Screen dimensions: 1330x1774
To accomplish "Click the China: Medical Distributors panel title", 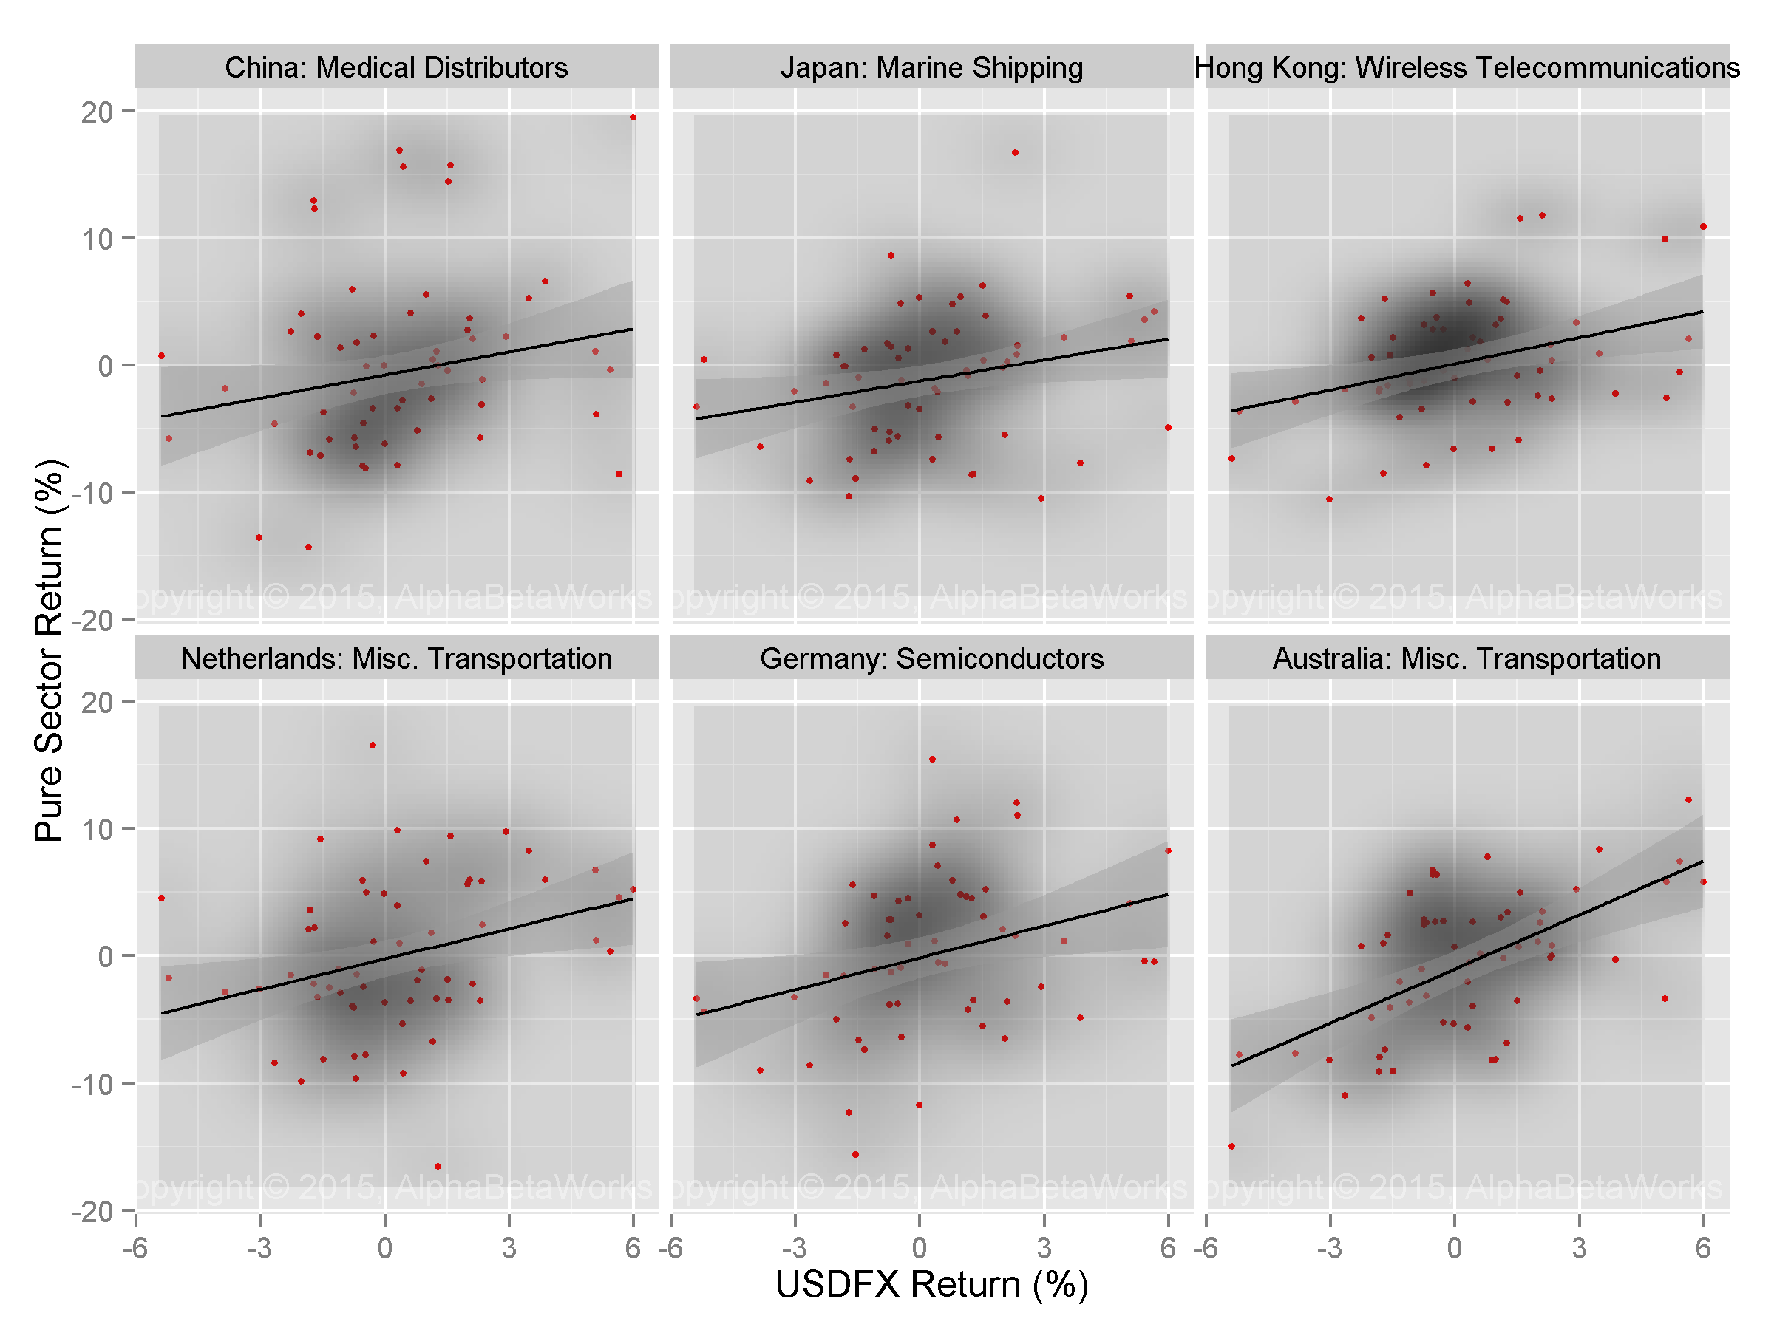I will tap(396, 67).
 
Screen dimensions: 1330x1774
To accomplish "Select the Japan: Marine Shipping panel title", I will tap(931, 67).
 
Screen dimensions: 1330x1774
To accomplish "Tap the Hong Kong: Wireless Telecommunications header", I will tap(1467, 67).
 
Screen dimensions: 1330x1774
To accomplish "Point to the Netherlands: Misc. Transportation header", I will tap(396, 658).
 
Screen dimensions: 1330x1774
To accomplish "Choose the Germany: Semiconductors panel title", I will tap(931, 658).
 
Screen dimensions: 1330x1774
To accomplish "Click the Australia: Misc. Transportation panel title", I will tap(1467, 658).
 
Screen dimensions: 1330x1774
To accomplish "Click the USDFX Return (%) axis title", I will tap(931, 1283).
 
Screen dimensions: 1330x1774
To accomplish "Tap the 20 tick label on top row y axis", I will tap(96, 112).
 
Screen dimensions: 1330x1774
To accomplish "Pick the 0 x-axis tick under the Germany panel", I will tap(919, 1247).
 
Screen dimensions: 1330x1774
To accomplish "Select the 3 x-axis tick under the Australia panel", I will tap(1578, 1247).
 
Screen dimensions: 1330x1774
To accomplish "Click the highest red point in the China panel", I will tap(633, 117).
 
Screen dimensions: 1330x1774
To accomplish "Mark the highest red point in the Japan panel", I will tap(1015, 152).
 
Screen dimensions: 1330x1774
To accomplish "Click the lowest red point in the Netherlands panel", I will tap(437, 1167).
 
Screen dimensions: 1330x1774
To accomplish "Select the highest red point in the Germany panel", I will tap(932, 759).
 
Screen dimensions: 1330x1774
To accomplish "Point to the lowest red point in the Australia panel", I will tap(1232, 1147).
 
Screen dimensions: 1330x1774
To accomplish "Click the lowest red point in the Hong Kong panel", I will tap(1329, 499).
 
